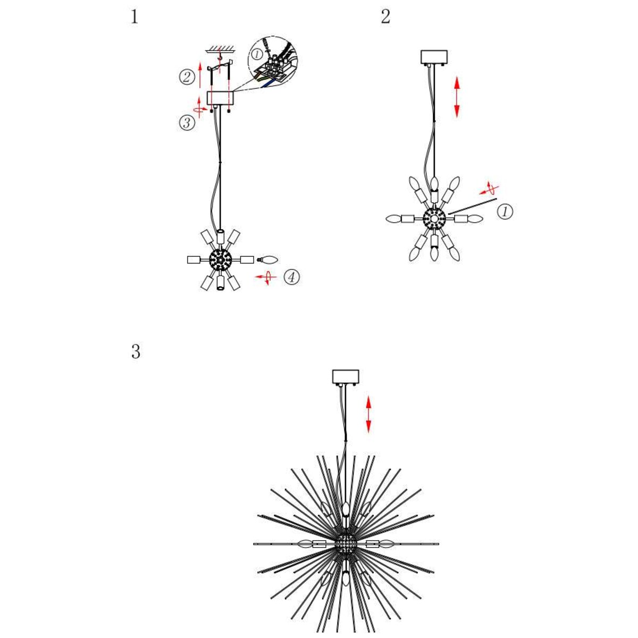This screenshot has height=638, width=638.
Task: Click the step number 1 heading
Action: coord(134,17)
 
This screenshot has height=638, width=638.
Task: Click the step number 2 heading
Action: coord(385,17)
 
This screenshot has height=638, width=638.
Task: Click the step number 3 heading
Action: coord(136,352)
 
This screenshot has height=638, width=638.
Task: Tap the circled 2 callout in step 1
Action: coord(187,78)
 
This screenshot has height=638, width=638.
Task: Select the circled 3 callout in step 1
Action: coord(187,123)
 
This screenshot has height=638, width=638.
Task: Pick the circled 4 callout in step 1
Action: coord(291,277)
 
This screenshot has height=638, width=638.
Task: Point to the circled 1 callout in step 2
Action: coord(505,212)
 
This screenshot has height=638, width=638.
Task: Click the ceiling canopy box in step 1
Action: coord(220,98)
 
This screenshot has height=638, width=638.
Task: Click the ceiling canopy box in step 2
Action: coord(434,56)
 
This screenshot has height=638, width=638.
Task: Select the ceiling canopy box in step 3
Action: coord(346,376)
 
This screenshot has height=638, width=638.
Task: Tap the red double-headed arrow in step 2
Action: coord(457,97)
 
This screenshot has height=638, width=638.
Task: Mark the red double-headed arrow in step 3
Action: coord(368,414)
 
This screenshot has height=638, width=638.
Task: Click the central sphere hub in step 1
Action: coord(220,259)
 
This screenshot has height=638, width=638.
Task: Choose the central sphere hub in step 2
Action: coord(434,218)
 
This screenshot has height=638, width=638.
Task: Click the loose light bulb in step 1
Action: coord(268,259)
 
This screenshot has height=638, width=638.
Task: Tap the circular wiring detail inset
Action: coord(273,64)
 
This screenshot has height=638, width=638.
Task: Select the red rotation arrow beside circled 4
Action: coord(266,277)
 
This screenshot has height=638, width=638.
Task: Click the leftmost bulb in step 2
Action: coord(394,219)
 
